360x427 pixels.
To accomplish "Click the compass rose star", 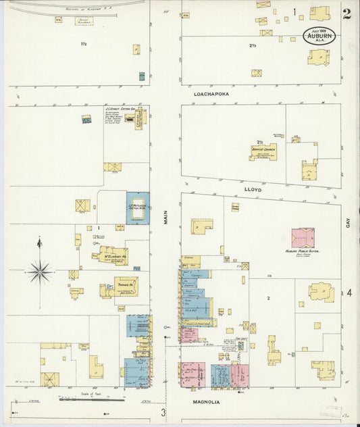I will (39, 272).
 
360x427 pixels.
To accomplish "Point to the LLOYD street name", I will (252, 191).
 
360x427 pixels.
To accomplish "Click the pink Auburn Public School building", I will (303, 238).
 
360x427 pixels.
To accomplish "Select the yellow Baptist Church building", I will (263, 152).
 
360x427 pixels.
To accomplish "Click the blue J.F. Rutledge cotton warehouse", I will (138, 208).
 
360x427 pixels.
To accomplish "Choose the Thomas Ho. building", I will (125, 286).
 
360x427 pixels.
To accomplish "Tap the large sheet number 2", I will (346, 14).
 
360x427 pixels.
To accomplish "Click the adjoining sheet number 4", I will (350, 293).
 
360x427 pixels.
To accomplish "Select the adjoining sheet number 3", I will (163, 412).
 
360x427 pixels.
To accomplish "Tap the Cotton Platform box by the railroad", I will (84, 21).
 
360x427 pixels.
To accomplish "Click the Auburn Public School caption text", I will (302, 251).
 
